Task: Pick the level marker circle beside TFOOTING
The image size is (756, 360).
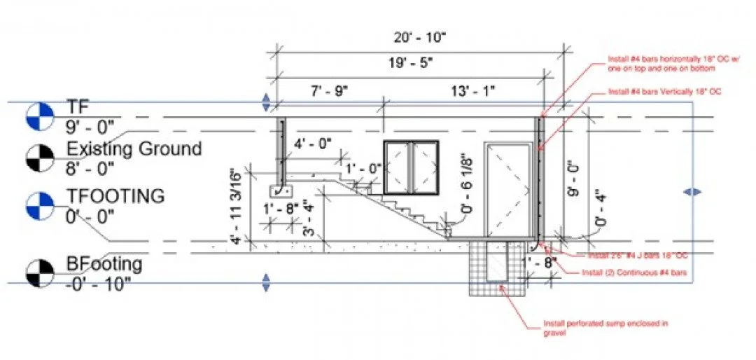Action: [x=39, y=204]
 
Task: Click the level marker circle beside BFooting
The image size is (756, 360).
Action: [x=39, y=273]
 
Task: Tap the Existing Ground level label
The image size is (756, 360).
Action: [x=134, y=148]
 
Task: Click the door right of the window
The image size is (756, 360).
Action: [x=509, y=189]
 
